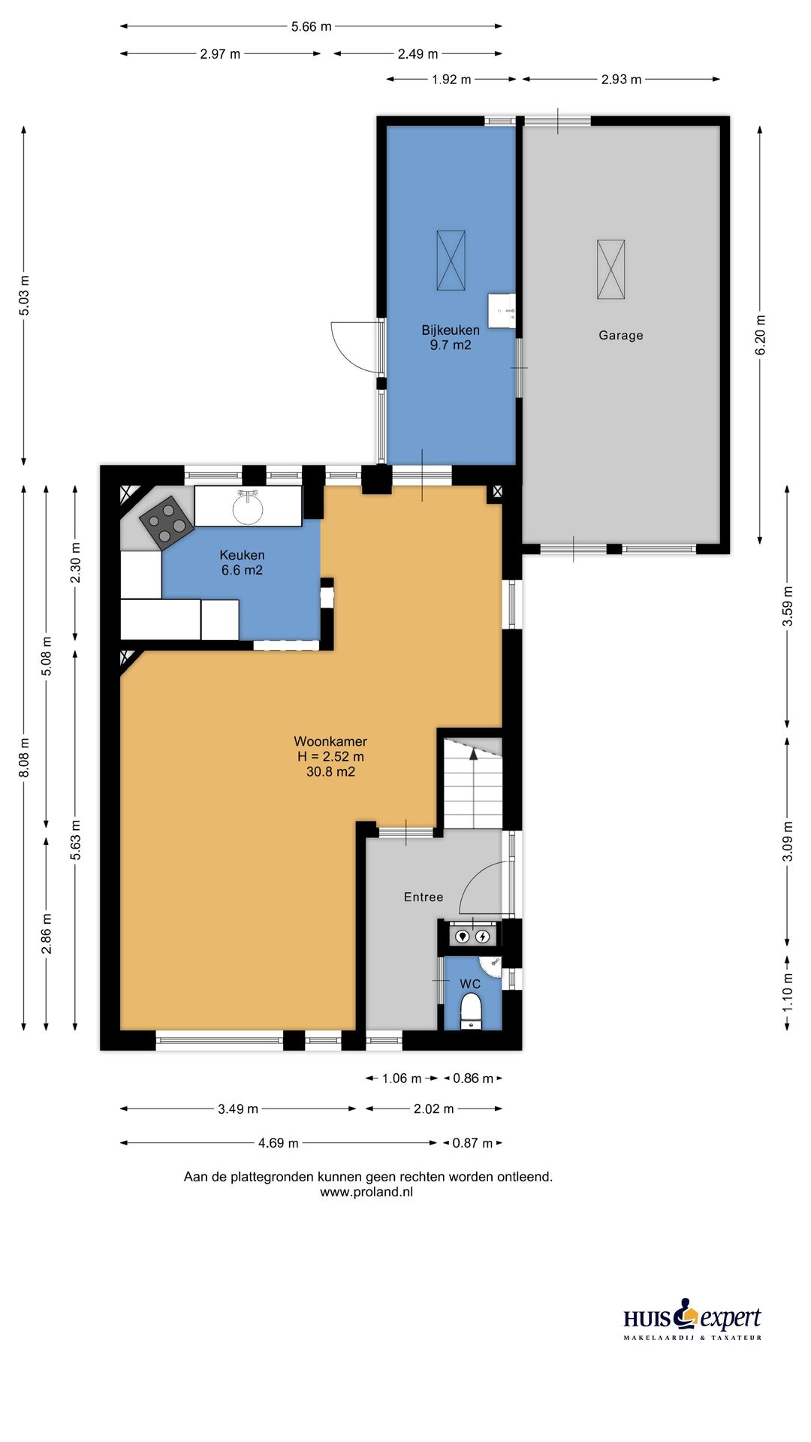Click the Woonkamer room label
(x=330, y=756)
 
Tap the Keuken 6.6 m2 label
(x=242, y=563)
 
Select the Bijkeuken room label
(x=451, y=337)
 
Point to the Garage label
(x=621, y=336)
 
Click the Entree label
(x=424, y=897)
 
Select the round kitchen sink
(x=248, y=507)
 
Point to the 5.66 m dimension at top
(x=311, y=26)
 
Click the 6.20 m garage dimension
(x=760, y=335)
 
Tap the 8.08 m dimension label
(x=24, y=756)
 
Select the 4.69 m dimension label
(x=279, y=1143)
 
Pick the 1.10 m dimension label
(x=788, y=992)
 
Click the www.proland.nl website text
(x=366, y=1192)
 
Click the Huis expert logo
(x=692, y=1320)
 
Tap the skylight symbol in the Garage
(x=611, y=270)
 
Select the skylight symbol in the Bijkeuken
(x=451, y=261)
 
